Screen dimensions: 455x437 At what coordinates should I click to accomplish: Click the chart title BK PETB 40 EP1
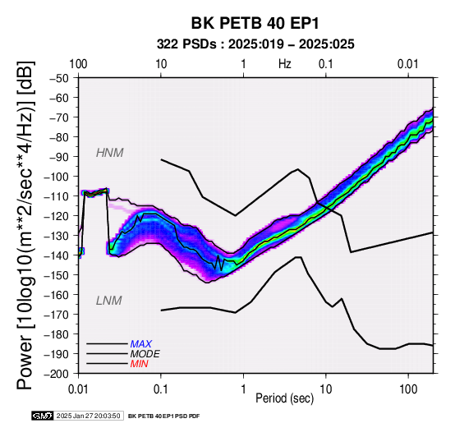255,23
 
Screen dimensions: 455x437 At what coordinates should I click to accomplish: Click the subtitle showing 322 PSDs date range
255,44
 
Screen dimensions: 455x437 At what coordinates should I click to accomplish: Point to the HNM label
110,153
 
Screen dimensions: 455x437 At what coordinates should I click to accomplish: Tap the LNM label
108,301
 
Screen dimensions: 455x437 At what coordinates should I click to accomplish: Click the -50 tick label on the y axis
59,78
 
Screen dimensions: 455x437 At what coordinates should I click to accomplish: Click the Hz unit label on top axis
285,64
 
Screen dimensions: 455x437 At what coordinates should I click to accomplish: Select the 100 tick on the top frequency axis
78,64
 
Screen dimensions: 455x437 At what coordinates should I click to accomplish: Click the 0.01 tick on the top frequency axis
408,64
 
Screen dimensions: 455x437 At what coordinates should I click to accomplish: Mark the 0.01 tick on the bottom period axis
78,389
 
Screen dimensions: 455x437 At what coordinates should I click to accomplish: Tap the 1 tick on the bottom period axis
243,389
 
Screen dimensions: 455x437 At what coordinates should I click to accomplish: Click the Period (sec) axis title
285,398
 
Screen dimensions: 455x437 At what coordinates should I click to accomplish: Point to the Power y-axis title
25,225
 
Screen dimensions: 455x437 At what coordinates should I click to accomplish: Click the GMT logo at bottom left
43,416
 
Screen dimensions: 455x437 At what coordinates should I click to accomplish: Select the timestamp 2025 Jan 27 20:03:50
89,416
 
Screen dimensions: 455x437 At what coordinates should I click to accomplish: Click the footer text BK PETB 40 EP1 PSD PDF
163,416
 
